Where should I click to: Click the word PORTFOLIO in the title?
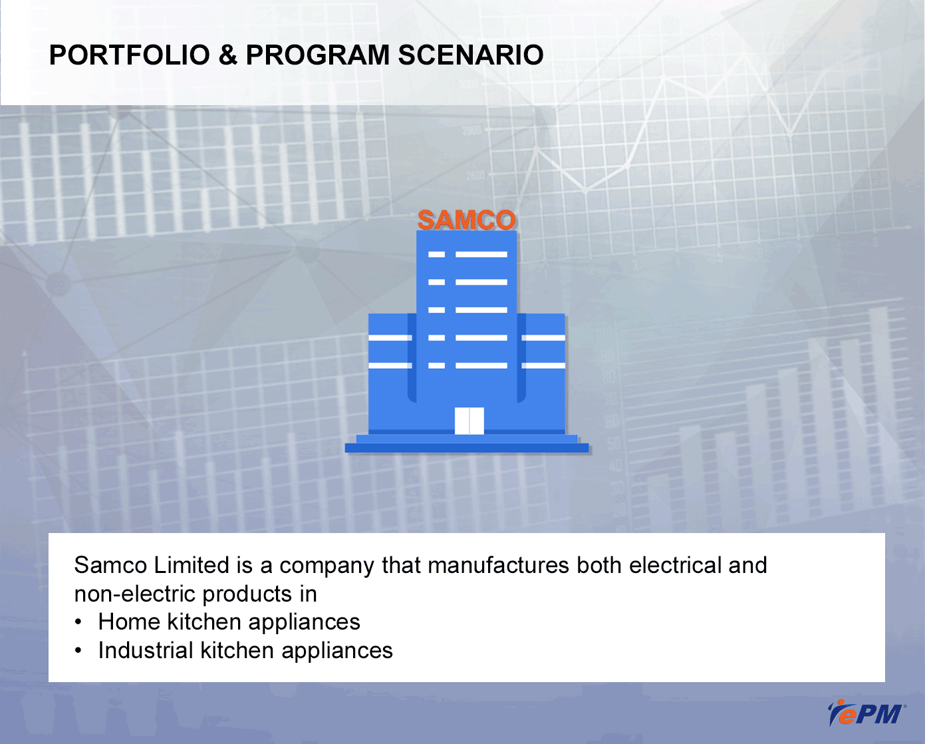coord(130,55)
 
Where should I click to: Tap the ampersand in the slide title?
coord(227,55)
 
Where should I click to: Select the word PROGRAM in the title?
coord(317,55)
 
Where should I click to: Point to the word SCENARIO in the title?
coord(471,55)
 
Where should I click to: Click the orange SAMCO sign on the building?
coord(466,220)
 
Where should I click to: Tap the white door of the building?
coord(469,421)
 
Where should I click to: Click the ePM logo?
coord(866,713)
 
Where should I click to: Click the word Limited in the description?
coord(192,565)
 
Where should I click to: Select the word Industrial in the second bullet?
coord(145,650)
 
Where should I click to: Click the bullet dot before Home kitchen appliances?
coord(78,622)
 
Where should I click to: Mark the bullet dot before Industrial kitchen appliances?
coord(78,651)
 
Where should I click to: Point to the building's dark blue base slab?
coord(467,447)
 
